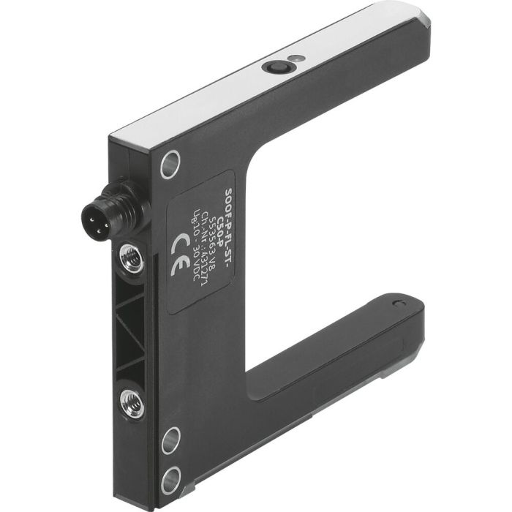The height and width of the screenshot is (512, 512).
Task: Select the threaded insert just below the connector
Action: click(x=132, y=257)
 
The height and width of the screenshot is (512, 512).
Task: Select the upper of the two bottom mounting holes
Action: click(x=170, y=439)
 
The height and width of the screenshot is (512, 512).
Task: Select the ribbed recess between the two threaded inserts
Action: click(x=132, y=329)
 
